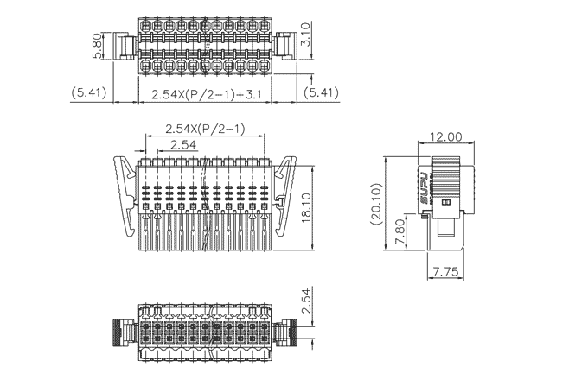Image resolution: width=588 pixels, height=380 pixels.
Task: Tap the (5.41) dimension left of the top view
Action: (x=89, y=92)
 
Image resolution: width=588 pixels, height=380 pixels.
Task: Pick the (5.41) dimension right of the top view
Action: (x=323, y=92)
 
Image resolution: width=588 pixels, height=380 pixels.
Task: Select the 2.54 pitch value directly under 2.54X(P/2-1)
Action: (x=182, y=145)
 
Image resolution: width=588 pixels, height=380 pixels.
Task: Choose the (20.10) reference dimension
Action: (x=374, y=204)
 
